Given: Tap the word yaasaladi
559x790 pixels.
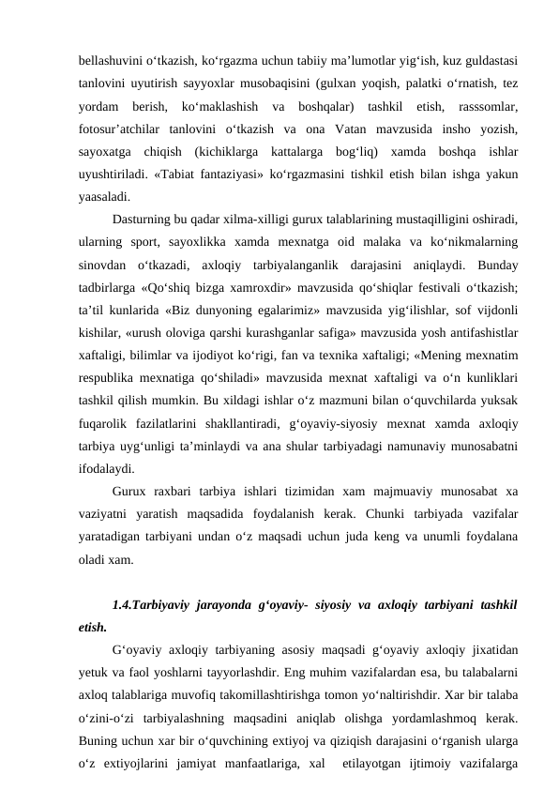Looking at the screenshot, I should click(x=104, y=197).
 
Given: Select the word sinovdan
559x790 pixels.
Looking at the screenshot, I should click(x=101, y=265).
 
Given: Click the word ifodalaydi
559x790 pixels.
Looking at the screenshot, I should click(x=106, y=467).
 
